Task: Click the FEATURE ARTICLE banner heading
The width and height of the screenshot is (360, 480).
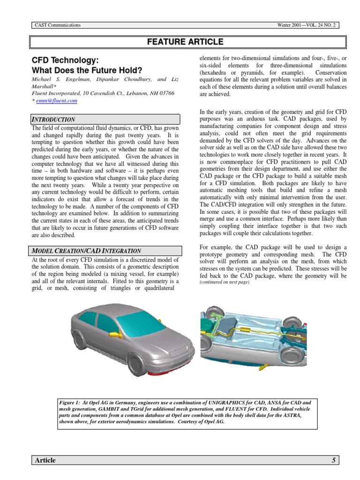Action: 185,42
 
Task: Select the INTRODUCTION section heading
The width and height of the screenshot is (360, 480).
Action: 53,120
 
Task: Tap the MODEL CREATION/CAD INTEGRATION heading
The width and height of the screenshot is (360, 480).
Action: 86,251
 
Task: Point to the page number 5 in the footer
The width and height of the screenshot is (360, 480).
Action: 334,460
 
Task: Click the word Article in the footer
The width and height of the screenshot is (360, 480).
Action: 45,460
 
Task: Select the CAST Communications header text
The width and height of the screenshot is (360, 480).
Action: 58,25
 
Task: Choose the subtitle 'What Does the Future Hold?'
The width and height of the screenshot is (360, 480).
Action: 86,71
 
